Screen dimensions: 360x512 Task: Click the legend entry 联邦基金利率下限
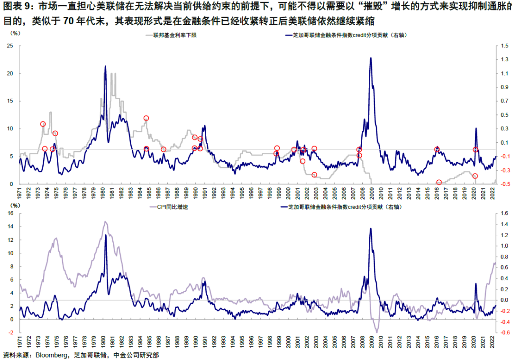173,35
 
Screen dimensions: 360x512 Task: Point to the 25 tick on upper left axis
8,46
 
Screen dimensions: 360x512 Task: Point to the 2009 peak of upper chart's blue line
371,58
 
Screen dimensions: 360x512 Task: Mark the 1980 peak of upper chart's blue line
105,66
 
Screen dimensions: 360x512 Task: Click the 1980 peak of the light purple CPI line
105,221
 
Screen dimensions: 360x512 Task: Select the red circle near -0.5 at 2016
439,183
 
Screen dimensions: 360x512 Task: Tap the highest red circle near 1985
146,118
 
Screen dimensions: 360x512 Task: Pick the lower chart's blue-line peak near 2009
371,229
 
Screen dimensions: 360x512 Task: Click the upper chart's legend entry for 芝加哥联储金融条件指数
348,35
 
